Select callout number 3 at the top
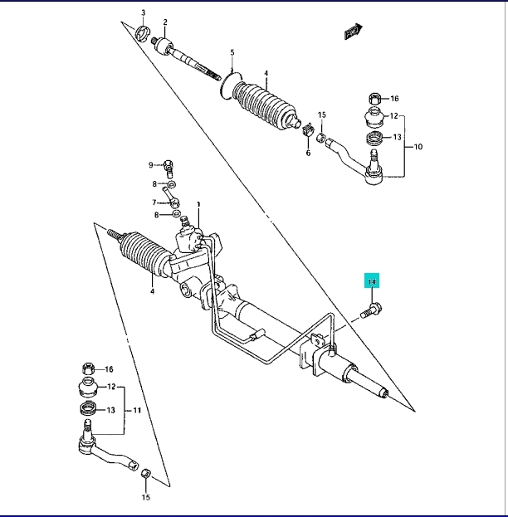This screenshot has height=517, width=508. tap(142, 12)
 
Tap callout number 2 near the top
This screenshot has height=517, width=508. tap(164, 22)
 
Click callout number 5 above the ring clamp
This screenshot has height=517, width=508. tap(232, 51)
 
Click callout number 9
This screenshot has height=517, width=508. tap(152, 163)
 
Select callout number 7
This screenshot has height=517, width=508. tap(154, 202)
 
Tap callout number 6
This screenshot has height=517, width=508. tap(307, 153)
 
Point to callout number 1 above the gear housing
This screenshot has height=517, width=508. tap(199, 203)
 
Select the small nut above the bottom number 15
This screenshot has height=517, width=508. tap(144, 473)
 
